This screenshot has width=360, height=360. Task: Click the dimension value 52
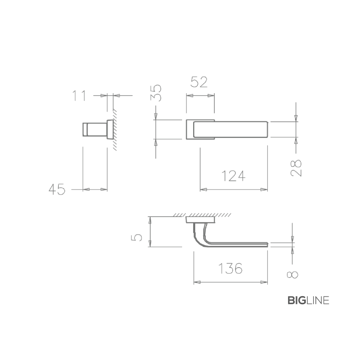tap(199, 82)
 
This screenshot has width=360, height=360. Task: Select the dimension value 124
tap(234, 176)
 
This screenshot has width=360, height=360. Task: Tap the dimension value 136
tap(230, 268)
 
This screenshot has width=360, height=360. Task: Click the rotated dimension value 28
tap(296, 168)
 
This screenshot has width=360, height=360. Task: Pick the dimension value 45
tap(57, 190)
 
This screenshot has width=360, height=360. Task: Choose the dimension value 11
tap(79, 96)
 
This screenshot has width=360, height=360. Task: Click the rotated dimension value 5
tap(136, 237)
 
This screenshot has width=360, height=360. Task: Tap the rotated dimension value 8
tap(292, 275)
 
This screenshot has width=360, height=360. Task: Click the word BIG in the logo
tap(297, 300)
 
